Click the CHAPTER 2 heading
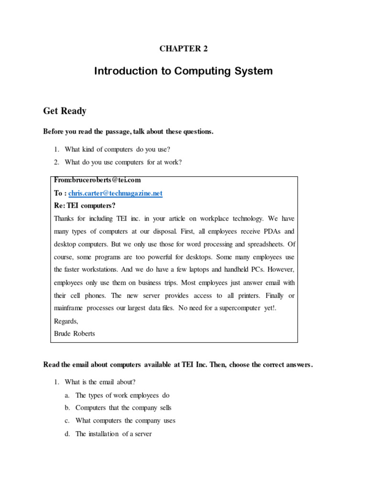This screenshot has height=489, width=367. click(183, 48)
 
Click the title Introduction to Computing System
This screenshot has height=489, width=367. click(183, 71)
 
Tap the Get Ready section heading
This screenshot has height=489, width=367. click(65, 111)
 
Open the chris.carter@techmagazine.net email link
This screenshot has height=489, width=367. click(115, 193)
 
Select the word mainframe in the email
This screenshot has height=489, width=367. click(70, 308)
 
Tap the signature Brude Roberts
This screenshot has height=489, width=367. click(75, 334)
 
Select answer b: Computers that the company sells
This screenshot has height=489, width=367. click(123, 408)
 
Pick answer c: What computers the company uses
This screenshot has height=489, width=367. click(125, 421)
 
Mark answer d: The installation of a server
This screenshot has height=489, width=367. click(113, 434)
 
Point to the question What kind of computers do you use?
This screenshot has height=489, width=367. click(118, 149)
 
